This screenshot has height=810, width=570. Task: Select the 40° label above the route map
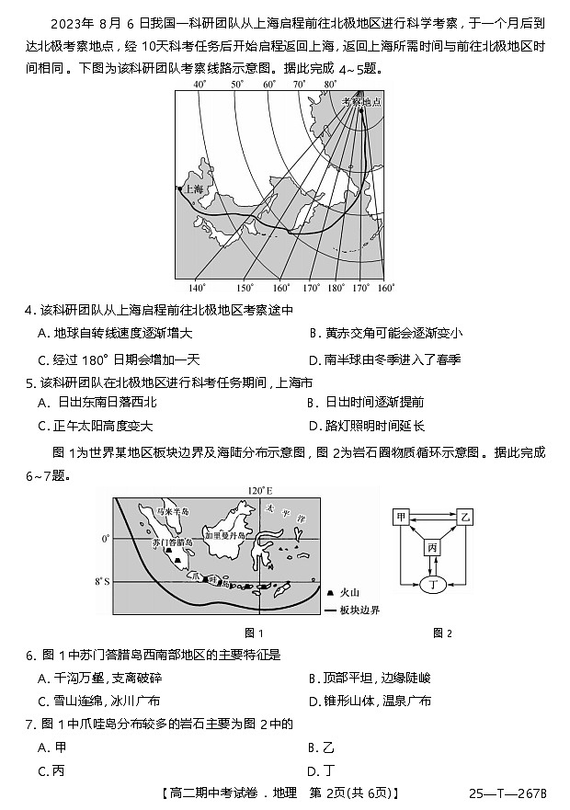pos(198,85)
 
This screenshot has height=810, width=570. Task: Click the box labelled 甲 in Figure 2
pos(401,518)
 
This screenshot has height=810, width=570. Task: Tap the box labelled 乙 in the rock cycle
pos(465,518)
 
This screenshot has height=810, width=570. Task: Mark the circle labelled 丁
pos(433,582)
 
